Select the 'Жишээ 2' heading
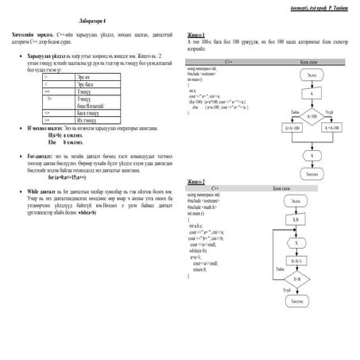click(x=195, y=180)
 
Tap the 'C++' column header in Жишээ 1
click(x=229, y=60)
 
